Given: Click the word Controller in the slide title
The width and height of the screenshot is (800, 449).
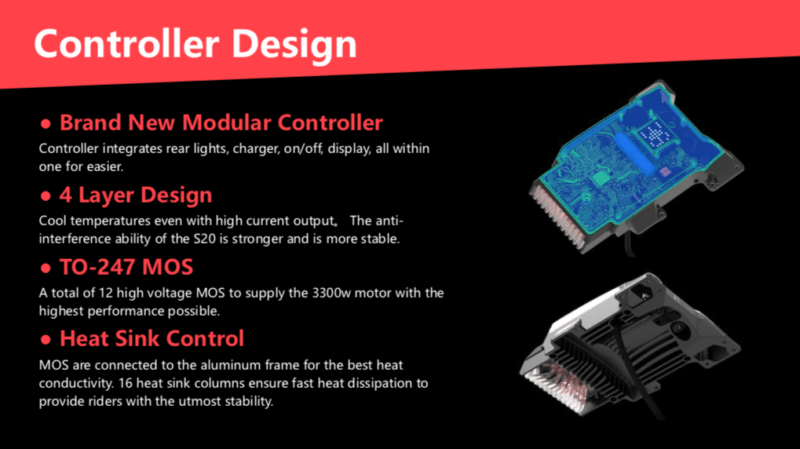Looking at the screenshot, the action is (126, 44).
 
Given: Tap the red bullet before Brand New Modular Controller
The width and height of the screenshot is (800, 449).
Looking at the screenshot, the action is (46, 123).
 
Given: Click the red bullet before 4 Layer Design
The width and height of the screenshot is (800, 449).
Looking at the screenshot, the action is (46, 196).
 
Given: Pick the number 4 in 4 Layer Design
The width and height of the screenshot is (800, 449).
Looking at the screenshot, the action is (66, 195).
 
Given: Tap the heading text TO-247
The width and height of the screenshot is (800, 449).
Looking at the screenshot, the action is (97, 267).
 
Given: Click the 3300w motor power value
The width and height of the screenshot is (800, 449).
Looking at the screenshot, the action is (331, 293).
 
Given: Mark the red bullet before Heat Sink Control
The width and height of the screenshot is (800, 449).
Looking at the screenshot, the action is (46, 339).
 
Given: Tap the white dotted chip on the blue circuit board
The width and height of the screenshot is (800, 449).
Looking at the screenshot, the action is (654, 134).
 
